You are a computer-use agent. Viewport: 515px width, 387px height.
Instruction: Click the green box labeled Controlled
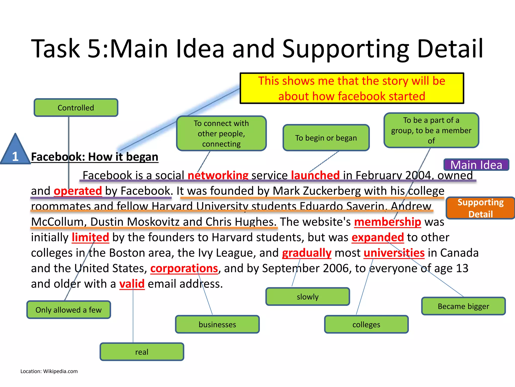76,108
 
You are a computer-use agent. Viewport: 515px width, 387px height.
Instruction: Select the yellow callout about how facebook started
352,88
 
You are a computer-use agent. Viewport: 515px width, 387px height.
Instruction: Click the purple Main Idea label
476,165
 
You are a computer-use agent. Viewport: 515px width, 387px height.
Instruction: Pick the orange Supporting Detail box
480,208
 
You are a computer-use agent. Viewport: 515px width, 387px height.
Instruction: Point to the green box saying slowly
308,297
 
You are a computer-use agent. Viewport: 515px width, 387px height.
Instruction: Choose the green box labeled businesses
217,324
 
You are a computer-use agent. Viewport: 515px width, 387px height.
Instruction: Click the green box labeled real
142,352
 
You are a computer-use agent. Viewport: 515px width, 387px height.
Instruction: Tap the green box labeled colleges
366,324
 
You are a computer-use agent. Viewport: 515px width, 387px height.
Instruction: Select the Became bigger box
463,306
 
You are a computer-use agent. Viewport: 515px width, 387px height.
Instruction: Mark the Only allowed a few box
68,310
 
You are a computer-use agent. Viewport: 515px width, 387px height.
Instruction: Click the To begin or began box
326,138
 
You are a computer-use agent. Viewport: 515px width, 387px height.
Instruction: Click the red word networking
218,175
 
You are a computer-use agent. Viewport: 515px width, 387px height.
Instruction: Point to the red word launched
315,175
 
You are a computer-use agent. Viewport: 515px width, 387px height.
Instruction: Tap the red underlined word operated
78,191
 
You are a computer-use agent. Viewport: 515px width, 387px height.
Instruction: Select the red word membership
388,222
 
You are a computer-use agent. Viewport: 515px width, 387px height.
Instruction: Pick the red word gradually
307,253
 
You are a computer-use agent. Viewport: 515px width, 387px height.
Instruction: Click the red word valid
132,284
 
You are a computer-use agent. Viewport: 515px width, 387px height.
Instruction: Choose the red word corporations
184,268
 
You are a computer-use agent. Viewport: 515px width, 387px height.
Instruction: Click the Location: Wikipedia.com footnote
49,371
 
